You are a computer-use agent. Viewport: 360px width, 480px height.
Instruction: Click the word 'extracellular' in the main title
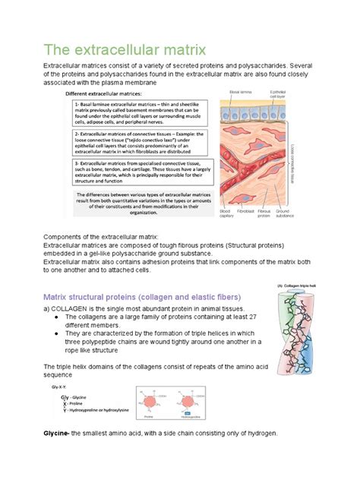tap(108, 52)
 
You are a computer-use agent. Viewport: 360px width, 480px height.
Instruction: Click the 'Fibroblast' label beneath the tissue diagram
tap(245, 210)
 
